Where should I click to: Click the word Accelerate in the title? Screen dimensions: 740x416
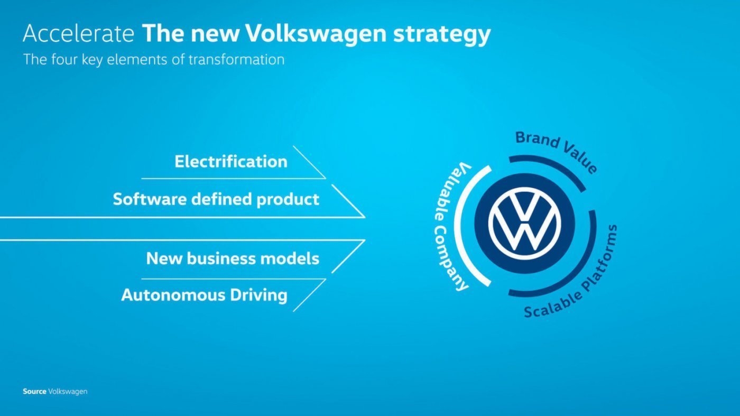tap(79, 33)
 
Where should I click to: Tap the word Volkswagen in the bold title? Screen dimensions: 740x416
tap(316, 34)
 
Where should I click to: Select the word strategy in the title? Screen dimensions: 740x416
tap(442, 35)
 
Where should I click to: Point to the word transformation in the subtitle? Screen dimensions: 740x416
tap(237, 60)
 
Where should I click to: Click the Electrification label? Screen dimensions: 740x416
tap(231, 162)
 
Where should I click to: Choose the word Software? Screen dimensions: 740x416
tap(150, 199)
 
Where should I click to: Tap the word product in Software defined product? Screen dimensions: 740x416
tap(288, 200)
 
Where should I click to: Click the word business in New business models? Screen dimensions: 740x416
tap(221, 258)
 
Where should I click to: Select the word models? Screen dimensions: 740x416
tap(290, 258)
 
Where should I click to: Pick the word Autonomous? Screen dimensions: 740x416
tap(173, 295)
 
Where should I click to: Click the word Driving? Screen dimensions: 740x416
tap(258, 295)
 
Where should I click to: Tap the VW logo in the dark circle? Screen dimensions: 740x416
tap(524, 224)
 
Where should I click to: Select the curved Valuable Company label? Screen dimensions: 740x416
tap(451, 226)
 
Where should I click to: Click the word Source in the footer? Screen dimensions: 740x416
tap(34, 392)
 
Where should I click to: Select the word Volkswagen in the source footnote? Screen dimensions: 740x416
tap(68, 392)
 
